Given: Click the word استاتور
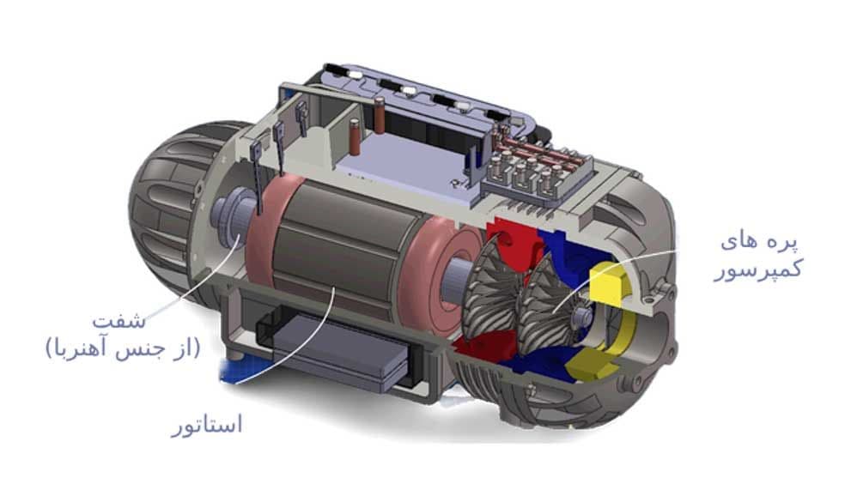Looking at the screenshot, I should (207, 424).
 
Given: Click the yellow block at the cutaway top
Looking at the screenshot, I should (609, 280).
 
